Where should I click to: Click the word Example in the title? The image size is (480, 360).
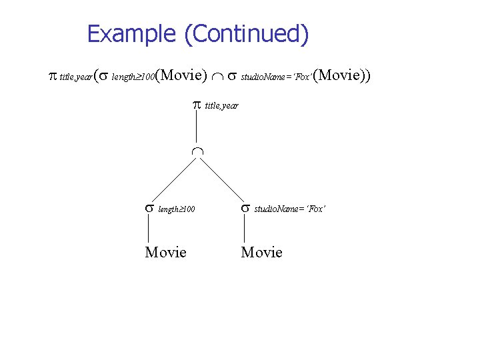[133, 33]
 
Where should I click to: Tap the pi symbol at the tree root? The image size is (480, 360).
[197, 104]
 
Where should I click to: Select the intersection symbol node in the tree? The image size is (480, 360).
[197, 152]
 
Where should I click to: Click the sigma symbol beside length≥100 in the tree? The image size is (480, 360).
[149, 208]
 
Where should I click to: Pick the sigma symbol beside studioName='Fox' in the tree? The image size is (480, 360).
[245, 208]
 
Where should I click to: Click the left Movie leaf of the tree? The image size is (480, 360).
[165, 252]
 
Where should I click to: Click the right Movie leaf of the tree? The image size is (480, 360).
[261, 252]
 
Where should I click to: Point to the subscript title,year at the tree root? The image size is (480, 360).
[221, 105]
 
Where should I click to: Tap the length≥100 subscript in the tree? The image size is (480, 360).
[177, 209]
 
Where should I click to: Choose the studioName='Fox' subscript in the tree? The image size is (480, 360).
[289, 209]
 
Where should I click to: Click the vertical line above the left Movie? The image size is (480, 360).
[148, 229]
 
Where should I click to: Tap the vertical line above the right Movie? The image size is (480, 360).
[244, 229]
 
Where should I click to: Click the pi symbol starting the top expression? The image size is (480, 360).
[53, 75]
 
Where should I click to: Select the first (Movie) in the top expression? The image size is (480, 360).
[182, 75]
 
